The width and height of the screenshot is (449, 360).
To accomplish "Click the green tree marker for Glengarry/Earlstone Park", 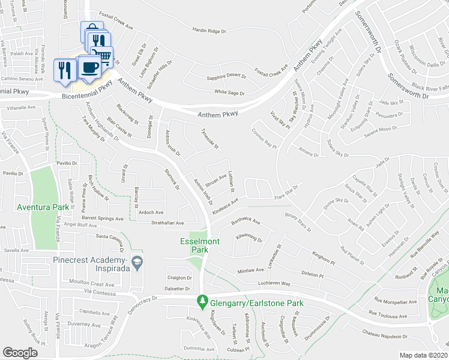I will tap(203, 300).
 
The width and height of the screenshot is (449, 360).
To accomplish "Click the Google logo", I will tap(20, 353).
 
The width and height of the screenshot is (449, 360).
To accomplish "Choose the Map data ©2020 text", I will tap(424, 355).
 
